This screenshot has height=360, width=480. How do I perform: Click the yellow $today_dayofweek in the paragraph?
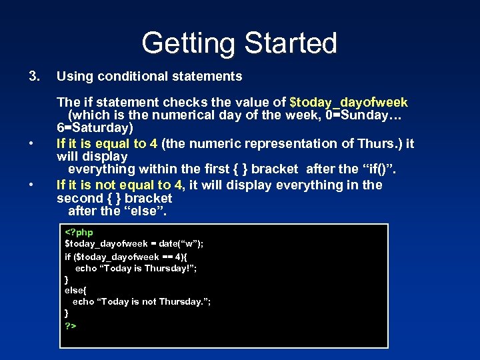tap(349, 103)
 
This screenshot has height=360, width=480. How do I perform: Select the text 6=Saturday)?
tap(95, 127)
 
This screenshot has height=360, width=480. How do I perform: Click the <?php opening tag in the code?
tap(79, 232)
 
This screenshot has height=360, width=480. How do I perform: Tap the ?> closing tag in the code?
tap(70, 326)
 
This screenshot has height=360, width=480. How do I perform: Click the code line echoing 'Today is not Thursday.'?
tap(141, 302)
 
